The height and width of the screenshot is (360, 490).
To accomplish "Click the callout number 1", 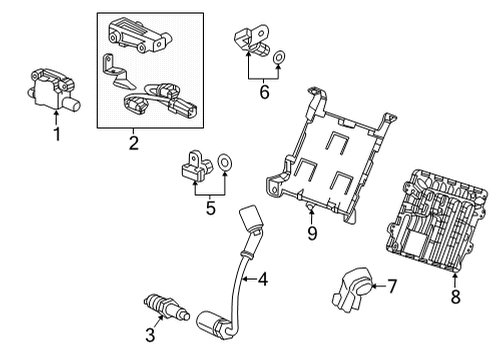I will pyautogui.click(x=56, y=133).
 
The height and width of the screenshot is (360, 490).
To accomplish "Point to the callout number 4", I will pyautogui.click(x=262, y=281).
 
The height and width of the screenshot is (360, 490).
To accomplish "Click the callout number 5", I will pyautogui.click(x=210, y=208).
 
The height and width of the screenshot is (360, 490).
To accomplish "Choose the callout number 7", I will pyautogui.click(x=392, y=287).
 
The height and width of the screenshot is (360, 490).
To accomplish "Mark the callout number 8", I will pyautogui.click(x=456, y=296).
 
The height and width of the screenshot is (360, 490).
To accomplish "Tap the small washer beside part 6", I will pyautogui.click(x=279, y=57).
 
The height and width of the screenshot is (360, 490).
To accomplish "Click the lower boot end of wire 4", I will pyautogui.click(x=214, y=325).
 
